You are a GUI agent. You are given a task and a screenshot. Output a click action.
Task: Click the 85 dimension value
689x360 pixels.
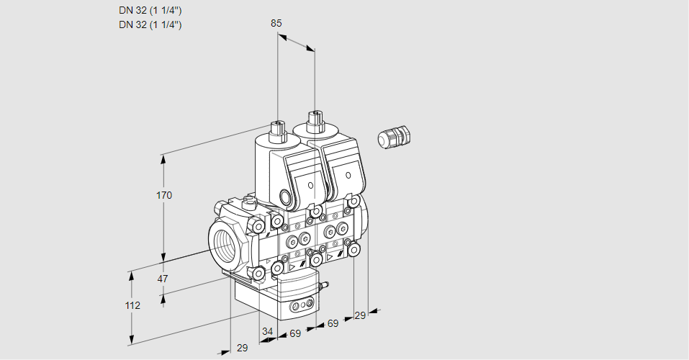click(276, 23)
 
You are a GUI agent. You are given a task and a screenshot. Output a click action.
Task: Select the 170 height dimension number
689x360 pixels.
click(164, 195)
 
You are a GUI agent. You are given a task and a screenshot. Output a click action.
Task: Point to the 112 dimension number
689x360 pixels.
click(132, 305)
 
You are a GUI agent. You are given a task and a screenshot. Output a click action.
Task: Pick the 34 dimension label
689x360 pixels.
click(268, 331)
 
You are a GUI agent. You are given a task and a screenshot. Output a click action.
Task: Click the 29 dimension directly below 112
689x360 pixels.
click(242, 348)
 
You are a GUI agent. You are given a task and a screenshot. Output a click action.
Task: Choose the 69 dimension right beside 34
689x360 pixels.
click(294, 334)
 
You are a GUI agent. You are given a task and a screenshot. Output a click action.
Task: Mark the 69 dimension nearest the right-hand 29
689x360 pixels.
click(333, 324)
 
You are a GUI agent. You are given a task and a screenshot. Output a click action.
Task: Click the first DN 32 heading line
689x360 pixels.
click(150, 10)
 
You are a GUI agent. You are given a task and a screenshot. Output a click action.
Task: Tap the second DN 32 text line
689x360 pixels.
click(150, 24)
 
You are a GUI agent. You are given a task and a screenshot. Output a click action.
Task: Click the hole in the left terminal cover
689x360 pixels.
click(310, 186)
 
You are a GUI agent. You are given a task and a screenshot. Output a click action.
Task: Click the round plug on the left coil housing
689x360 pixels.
click(286, 197)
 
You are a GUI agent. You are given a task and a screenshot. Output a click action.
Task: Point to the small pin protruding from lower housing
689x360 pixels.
click(324, 287)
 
